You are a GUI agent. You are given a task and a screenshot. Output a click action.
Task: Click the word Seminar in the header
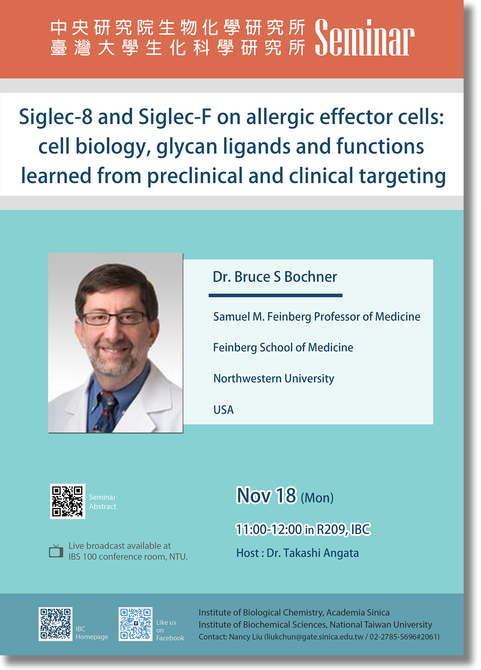[365, 38]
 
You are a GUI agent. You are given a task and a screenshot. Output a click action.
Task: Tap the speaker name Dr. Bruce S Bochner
[275, 277]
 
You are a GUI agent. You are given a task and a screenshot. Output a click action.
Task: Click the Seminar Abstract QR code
[67, 501]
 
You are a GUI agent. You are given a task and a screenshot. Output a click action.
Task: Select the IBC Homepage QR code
[55, 624]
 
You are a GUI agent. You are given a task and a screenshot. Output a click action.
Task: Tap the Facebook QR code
[136, 624]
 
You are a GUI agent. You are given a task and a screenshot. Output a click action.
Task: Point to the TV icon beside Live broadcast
[56, 551]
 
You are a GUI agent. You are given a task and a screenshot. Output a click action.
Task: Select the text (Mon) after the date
[317, 498]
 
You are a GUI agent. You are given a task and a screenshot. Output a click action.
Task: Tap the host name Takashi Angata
[321, 553]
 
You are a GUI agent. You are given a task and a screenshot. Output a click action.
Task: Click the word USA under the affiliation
[223, 410]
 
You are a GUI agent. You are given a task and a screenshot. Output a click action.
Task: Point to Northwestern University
[274, 379]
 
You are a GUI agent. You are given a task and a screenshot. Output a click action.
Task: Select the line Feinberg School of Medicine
[283, 348]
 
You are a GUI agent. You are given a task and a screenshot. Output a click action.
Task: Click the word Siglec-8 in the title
[55, 117]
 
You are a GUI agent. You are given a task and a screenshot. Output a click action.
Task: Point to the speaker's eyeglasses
[114, 318]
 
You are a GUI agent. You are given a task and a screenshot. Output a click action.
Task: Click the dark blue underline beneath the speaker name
[275, 295]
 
